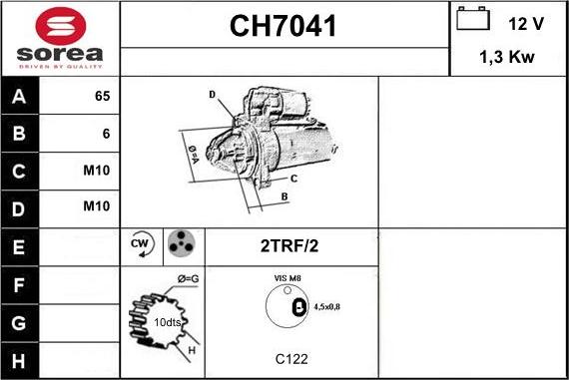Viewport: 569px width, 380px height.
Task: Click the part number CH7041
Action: (284, 26)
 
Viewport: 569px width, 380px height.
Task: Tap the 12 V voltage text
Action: (525, 23)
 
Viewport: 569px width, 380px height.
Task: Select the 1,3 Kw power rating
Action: (508, 58)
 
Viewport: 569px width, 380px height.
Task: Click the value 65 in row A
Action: (102, 97)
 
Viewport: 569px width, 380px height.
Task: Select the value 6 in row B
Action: (106, 133)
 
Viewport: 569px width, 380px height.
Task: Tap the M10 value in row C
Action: (97, 170)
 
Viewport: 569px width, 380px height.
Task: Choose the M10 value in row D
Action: (97, 206)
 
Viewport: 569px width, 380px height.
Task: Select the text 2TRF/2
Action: (289, 245)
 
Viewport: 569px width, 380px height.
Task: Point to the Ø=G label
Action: (188, 277)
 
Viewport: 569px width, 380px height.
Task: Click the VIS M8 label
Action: (289, 278)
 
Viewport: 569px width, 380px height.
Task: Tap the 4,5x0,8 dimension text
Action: (325, 307)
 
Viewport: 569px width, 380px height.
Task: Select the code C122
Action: (290, 357)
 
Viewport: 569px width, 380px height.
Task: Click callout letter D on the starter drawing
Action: (213, 95)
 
